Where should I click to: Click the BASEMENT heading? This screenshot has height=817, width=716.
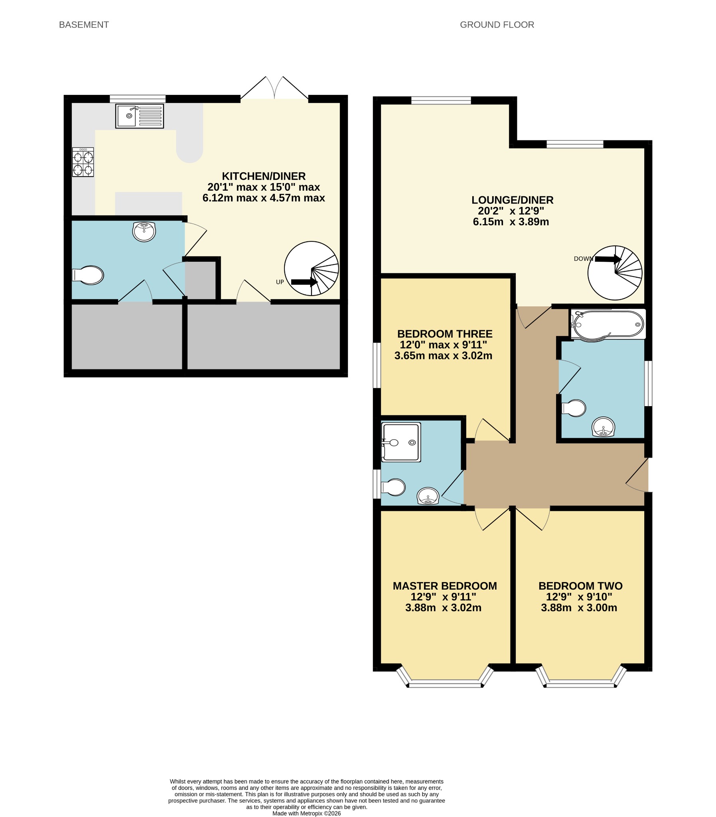(84, 25)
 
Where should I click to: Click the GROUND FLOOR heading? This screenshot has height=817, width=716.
(497, 25)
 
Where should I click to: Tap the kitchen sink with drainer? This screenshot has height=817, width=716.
(140, 116)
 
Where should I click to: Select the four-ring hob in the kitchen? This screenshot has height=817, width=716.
(83, 162)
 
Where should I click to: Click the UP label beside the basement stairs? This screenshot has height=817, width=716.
(280, 282)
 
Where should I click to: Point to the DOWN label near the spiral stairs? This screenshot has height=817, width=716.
(583, 259)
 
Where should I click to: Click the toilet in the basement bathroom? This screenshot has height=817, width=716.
(88, 275)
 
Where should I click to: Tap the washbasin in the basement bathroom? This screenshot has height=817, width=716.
(144, 232)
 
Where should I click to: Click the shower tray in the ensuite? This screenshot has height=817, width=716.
(401, 442)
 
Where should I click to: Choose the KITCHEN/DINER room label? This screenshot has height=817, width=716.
(264, 176)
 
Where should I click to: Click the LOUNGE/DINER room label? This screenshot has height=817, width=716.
(513, 200)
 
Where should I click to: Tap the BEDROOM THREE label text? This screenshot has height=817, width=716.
(445, 334)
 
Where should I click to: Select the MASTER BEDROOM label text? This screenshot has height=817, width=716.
(445, 586)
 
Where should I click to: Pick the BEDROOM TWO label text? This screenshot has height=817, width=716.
(580, 586)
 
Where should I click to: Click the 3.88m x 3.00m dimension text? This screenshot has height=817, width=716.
(579, 608)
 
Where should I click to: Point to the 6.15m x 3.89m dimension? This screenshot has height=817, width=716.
(511, 222)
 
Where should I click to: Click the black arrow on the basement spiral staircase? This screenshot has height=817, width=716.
(304, 282)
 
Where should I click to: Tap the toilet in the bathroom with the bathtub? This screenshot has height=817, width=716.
(574, 408)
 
